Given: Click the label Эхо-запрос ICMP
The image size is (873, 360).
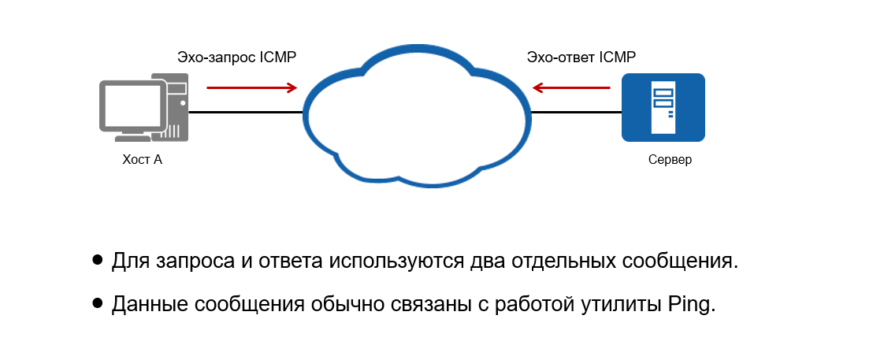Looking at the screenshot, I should [236, 58].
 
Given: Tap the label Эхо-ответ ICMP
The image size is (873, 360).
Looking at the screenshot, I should [581, 58].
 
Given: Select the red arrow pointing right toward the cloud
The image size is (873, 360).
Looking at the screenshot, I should [252, 88].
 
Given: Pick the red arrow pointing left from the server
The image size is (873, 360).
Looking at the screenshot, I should [570, 88].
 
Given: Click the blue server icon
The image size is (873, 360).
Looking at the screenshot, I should [663, 107].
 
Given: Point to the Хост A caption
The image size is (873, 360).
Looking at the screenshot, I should [142, 160].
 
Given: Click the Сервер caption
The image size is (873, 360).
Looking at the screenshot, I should [670, 160].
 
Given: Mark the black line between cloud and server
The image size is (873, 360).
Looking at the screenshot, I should [575, 112].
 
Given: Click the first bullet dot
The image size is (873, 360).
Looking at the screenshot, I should [98, 259].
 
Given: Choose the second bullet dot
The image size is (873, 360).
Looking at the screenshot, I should [98, 302].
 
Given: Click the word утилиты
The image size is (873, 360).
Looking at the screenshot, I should [607, 305].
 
